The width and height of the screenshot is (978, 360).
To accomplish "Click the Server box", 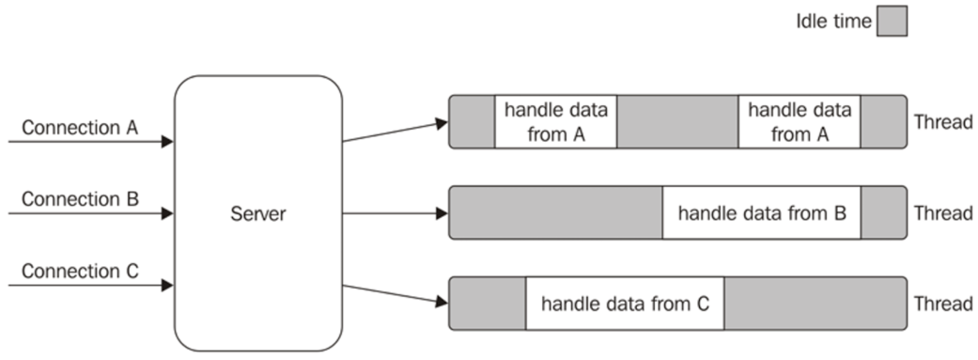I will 257,213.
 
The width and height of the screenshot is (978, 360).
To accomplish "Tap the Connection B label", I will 80,198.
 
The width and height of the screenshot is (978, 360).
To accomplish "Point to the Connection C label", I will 80,272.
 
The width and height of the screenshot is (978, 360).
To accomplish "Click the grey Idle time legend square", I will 892,22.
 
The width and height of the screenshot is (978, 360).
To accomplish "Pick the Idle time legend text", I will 833,22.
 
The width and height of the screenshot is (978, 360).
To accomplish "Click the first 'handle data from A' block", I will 555,121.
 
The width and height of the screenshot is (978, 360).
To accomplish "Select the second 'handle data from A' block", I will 799,121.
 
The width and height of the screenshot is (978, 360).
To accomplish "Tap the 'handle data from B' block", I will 762,212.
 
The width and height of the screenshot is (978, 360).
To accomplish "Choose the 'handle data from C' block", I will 624,303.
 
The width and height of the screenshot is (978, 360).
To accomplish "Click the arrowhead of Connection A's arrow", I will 167,142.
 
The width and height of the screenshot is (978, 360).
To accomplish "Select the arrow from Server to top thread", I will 395,132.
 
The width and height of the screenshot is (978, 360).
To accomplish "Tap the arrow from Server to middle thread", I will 395,213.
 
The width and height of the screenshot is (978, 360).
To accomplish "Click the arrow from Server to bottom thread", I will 395,293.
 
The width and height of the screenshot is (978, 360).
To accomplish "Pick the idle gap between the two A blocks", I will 677,121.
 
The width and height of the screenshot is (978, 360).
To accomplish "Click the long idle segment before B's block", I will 556,212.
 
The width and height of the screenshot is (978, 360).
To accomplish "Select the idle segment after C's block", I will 815,303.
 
